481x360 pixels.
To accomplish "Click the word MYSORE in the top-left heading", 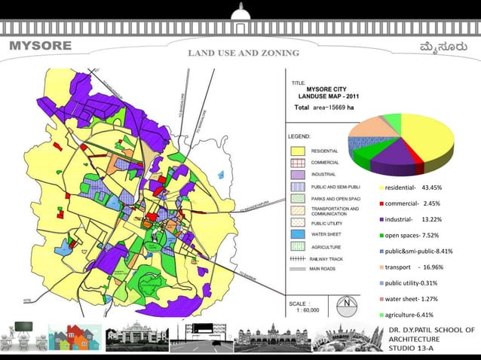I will tap(40, 45).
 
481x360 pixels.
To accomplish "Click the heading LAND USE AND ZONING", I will tap(243, 53).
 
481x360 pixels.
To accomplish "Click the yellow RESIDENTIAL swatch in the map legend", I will tap(298, 151).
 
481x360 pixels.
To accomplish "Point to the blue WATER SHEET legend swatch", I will tap(298, 234).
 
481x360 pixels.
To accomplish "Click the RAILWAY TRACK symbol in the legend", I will tap(297, 258).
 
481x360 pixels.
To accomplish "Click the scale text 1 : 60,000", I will tap(308, 310).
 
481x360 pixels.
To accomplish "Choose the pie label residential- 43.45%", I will tap(413, 187).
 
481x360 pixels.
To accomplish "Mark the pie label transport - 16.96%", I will tap(414, 267).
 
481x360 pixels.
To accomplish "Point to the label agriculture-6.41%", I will tap(412, 315).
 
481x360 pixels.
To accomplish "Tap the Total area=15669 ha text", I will tap(324, 108).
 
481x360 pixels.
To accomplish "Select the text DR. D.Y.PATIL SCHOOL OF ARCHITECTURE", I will tap(431, 335).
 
